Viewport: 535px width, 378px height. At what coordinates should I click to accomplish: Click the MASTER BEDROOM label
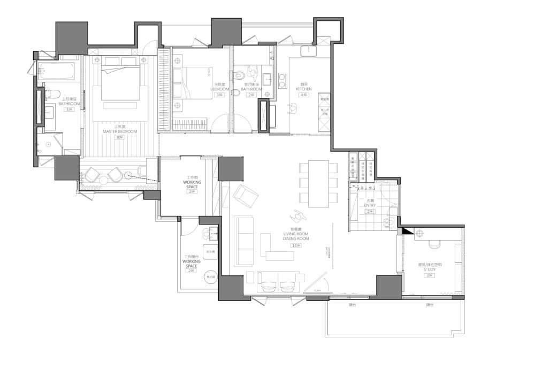(x=120, y=132)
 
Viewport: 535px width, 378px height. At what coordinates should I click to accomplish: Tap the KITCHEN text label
(x=303, y=89)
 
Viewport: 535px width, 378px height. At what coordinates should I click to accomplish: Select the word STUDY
(x=429, y=270)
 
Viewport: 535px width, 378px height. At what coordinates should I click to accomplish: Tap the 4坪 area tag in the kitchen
(x=304, y=95)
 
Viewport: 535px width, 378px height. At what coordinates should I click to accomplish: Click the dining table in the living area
(x=319, y=183)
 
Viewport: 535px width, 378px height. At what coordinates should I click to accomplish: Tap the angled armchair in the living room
(x=247, y=195)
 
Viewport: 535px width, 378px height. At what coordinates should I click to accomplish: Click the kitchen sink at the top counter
(x=309, y=51)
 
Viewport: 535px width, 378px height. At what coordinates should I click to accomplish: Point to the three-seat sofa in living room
(x=244, y=241)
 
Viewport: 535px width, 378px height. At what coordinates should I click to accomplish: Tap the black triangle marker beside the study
(x=407, y=231)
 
